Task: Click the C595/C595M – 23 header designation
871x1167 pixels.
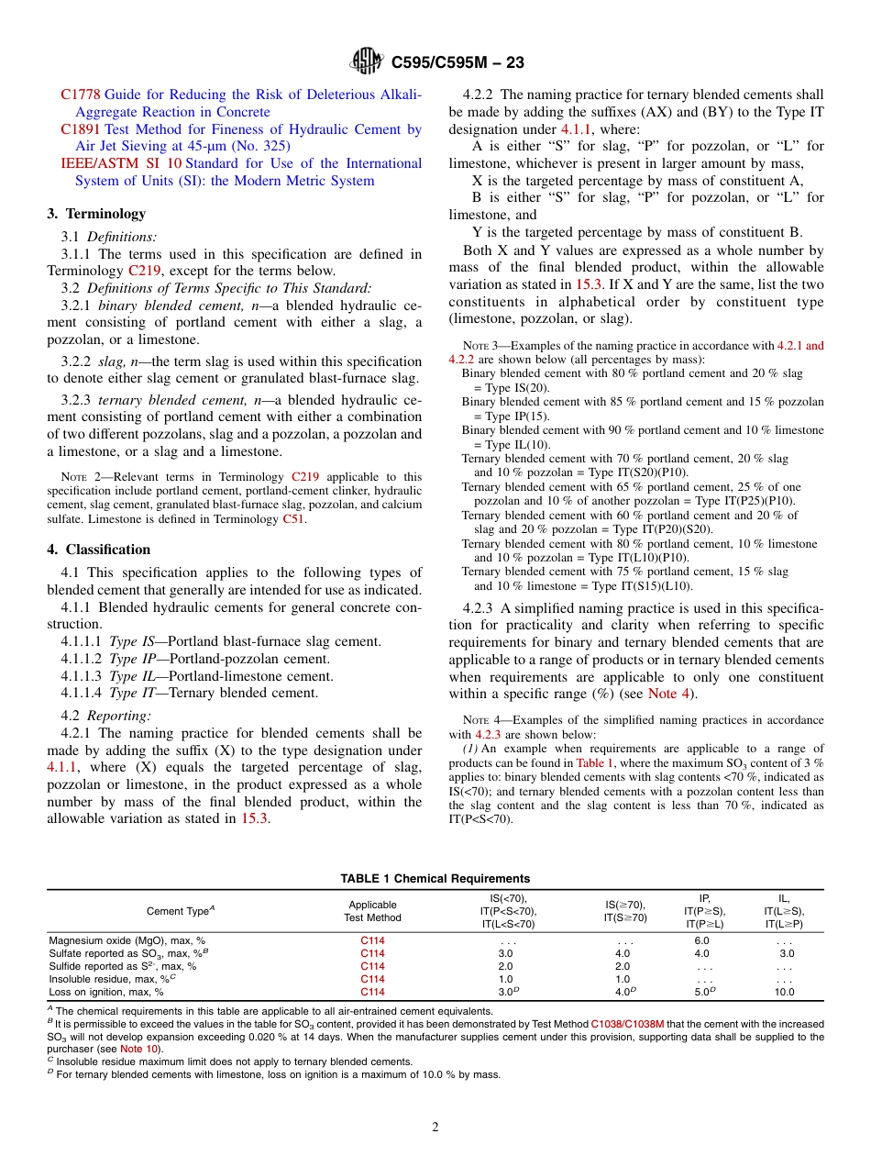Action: coord(458,63)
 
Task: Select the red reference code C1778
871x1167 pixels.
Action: coord(81,94)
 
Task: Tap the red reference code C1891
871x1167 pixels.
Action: coord(81,129)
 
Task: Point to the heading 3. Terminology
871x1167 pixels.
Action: coord(96,214)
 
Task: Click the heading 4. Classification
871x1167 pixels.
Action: coord(98,550)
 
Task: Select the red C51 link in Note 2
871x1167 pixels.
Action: coord(292,518)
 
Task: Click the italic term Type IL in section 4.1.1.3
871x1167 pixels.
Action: coord(129,676)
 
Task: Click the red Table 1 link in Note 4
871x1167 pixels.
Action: coord(595,762)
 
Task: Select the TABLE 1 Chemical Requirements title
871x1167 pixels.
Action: coord(435,878)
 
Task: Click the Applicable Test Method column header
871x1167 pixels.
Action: coord(372,911)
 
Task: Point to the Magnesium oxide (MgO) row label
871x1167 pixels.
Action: coord(127,940)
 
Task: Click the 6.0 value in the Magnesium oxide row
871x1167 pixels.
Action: coord(701,940)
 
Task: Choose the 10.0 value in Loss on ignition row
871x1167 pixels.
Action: coord(784,992)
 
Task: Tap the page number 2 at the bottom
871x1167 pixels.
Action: coord(435,1128)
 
